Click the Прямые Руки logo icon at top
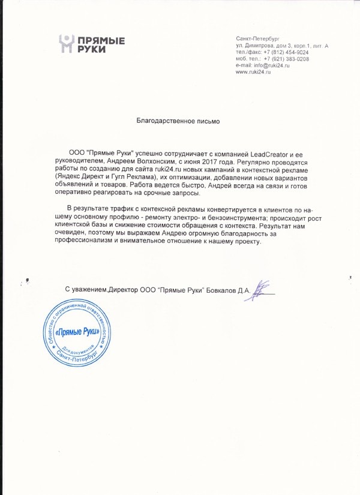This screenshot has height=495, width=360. (x=67, y=44)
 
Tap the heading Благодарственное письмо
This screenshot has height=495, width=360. (x=178, y=121)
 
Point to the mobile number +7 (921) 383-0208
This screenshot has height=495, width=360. (x=286, y=59)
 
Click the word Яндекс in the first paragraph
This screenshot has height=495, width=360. (x=67, y=178)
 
